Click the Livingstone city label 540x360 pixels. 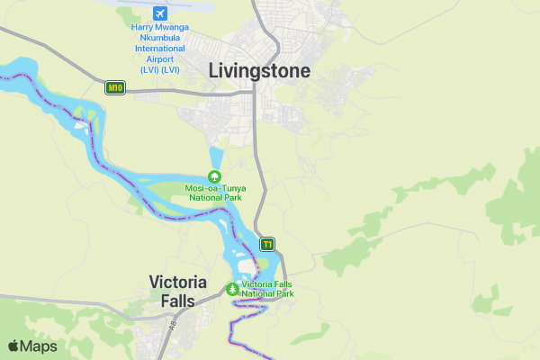(259, 70)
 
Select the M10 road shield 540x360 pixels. (114, 87)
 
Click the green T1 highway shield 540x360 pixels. (267, 244)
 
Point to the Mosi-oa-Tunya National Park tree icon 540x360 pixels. (214, 176)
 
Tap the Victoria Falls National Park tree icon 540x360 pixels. (233, 289)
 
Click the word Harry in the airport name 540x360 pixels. (145, 28)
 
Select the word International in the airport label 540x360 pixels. (160, 49)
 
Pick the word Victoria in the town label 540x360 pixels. (177, 282)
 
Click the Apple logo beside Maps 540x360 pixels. (13, 346)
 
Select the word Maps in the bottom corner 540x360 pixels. (39, 346)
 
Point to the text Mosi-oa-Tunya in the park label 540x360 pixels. (215, 188)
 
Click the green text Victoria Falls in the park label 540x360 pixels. (267, 284)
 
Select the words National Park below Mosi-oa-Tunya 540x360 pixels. (215, 197)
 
